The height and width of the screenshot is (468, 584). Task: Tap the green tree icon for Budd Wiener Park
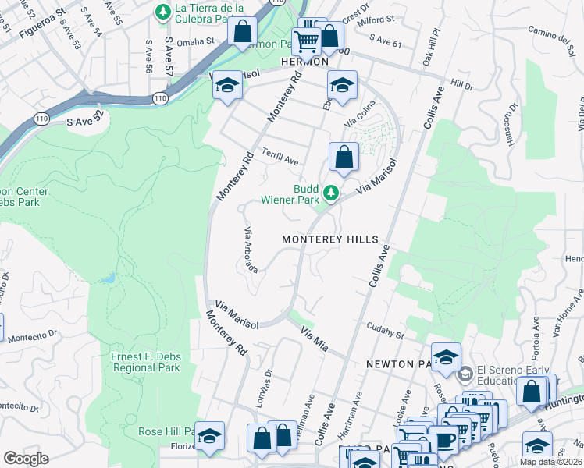pos(331,192)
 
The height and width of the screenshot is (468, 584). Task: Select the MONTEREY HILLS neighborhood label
pos(329,239)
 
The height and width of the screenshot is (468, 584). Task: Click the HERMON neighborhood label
pos(301,62)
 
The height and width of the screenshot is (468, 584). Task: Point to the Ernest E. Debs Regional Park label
pos(146,363)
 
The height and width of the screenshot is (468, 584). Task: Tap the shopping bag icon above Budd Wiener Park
pos(344,158)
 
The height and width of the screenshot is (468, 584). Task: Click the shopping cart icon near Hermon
pos(307,41)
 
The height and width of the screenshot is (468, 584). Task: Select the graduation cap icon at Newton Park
pos(446,357)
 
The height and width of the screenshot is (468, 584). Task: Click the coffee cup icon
pos(443,441)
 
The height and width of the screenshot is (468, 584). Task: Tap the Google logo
pos(26,459)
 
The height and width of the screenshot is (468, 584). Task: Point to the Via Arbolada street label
pos(251,249)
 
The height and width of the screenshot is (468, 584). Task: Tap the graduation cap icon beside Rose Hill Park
pos(209,437)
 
